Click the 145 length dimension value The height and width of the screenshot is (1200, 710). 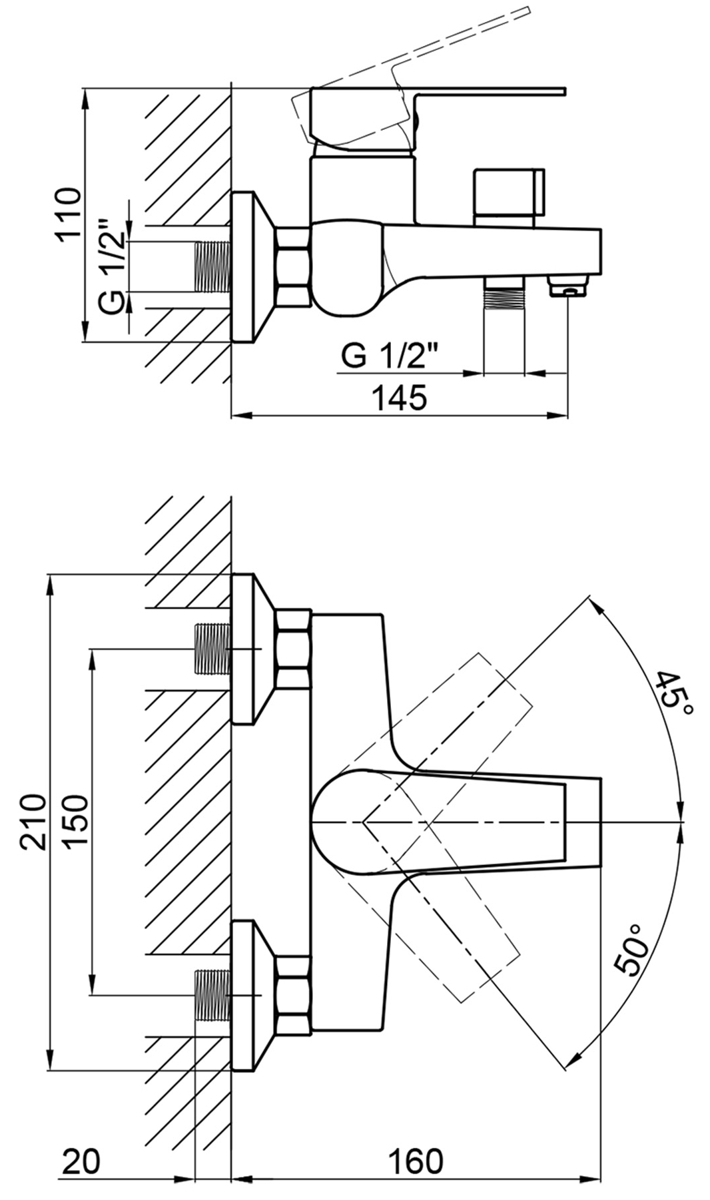pyautogui.click(x=398, y=398)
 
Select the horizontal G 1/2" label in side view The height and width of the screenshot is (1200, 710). pyautogui.click(x=391, y=357)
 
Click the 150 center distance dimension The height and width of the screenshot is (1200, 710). pyautogui.click(x=75, y=821)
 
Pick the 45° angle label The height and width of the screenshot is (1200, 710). pyautogui.click(x=675, y=693)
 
